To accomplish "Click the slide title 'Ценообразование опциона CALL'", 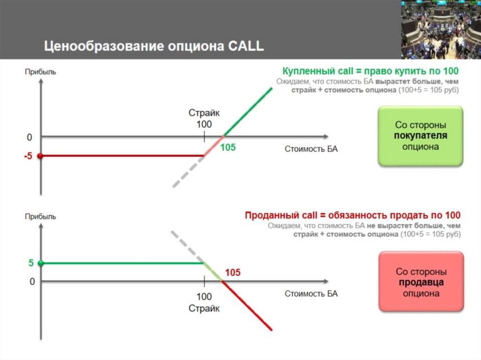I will (x=154, y=46).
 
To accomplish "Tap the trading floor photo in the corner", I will (x=441, y=29).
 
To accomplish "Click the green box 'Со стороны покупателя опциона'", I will (x=420, y=136).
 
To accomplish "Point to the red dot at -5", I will (x=40, y=156).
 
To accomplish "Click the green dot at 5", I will (x=40, y=263).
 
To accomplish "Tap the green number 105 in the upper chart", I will (x=228, y=147).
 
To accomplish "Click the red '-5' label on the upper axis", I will (x=28, y=156).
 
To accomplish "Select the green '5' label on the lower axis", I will (x=31, y=263).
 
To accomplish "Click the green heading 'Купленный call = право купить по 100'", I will (x=370, y=71).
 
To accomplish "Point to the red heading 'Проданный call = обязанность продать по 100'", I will (x=353, y=215).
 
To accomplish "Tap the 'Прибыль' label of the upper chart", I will (x=40, y=72).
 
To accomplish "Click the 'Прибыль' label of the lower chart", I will (x=40, y=216).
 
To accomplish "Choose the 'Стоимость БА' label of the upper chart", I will (x=311, y=149).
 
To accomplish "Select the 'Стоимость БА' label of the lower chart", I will (x=311, y=294).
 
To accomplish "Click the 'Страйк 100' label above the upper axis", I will (x=204, y=119).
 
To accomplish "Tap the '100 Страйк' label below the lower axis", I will (x=204, y=303).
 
